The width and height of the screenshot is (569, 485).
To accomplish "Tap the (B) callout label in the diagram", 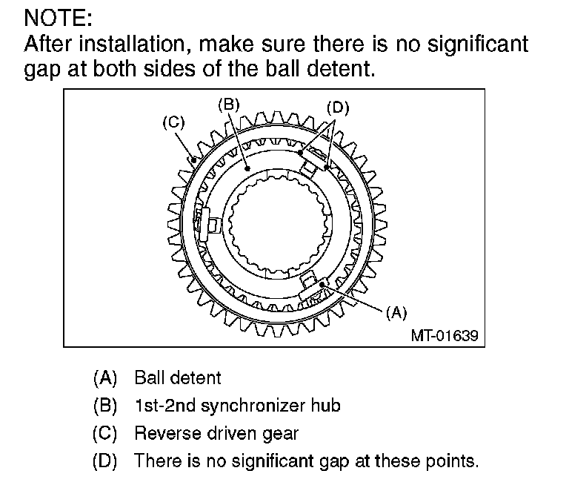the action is click(228, 105).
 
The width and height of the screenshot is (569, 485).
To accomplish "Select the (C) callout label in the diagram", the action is click(173, 122).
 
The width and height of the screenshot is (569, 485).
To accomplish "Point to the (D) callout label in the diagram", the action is click(337, 108).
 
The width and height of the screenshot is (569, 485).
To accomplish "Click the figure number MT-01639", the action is click(445, 335).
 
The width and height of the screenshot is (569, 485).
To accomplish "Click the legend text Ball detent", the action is click(178, 377).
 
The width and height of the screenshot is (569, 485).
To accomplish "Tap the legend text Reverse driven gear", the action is click(216, 433).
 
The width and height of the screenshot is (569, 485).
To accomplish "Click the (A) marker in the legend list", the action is click(105, 377).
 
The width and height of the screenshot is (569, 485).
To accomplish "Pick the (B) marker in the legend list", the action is click(105, 406).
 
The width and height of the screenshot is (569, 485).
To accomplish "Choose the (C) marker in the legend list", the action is click(105, 433).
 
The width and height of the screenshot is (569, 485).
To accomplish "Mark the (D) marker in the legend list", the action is click(105, 461).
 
